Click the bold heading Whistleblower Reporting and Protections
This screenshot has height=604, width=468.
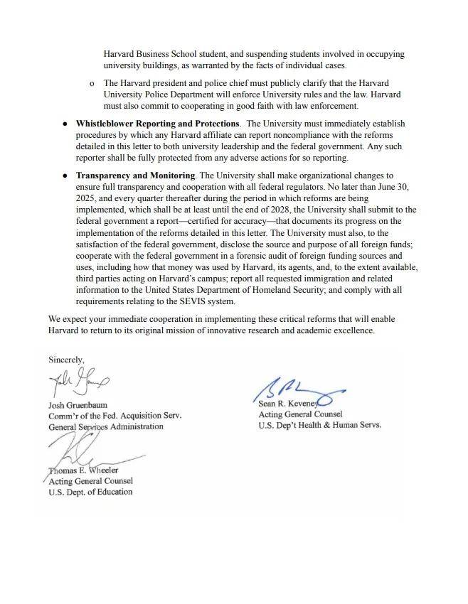[x=157, y=124]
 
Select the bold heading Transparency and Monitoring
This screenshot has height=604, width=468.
[x=135, y=175]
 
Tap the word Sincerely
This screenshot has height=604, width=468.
[x=66, y=360]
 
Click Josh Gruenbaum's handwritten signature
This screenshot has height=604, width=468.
[x=78, y=384]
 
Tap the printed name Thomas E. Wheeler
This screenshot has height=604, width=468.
[x=83, y=470]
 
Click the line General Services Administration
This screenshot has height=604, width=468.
[x=105, y=427]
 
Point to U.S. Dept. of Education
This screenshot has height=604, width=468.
[x=90, y=492]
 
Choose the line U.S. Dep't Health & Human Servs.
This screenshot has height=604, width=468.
[x=319, y=425]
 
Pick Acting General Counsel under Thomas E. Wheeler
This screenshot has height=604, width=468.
[x=90, y=481]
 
